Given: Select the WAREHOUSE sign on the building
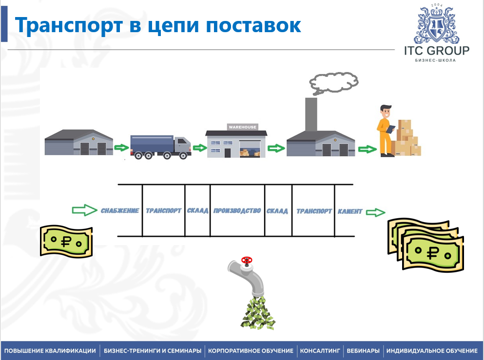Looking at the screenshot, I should pyautogui.click(x=242, y=127).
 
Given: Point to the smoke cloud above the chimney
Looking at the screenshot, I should pyautogui.click(x=334, y=82).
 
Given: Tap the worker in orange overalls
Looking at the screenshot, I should pyautogui.click(x=386, y=130).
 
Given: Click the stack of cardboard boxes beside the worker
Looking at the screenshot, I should pyautogui.click(x=406, y=138).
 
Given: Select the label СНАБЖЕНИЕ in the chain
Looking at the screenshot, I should pyautogui.click(x=120, y=211).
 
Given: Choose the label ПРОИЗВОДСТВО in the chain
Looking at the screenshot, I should pyautogui.click(x=237, y=211).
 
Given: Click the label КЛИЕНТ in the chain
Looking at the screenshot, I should pyautogui.click(x=350, y=211).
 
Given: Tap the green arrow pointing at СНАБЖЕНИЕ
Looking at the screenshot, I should pyautogui.click(x=84, y=210).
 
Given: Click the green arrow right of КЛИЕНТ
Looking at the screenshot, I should pyautogui.click(x=375, y=212).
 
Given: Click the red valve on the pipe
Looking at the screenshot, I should pyautogui.click(x=248, y=261).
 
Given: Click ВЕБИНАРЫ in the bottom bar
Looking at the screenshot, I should pyautogui.click(x=363, y=351).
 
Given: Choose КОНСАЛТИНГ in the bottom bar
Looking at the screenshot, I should pyautogui.click(x=319, y=351).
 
